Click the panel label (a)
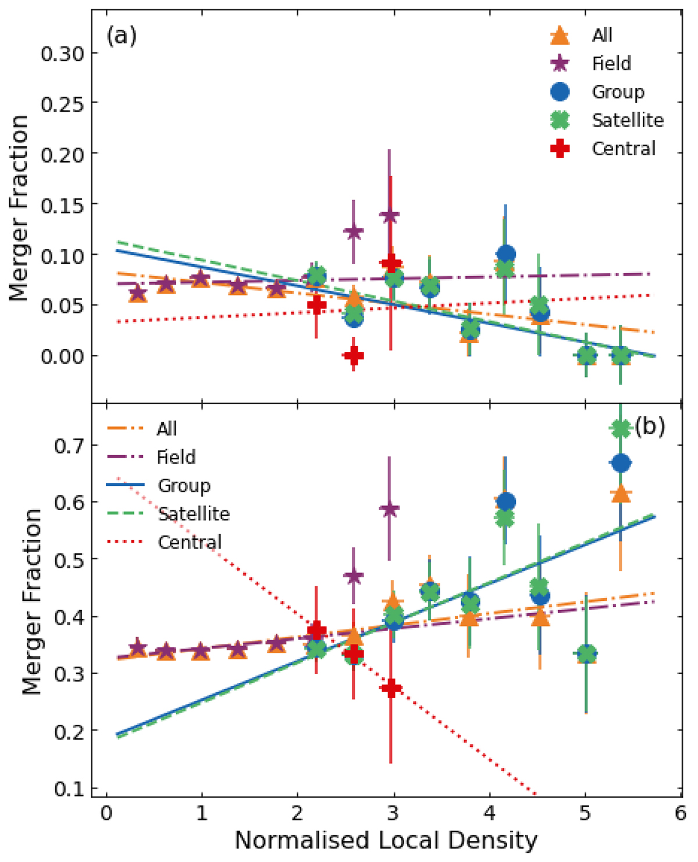[x=121, y=36]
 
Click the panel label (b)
[x=650, y=427]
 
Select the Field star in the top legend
[x=560, y=63]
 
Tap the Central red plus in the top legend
[x=560, y=149]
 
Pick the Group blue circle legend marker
[x=560, y=92]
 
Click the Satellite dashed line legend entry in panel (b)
[x=124, y=514]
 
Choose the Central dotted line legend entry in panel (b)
[x=124, y=543]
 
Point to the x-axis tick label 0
[x=106, y=813]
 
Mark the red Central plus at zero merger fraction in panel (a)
[x=353, y=356]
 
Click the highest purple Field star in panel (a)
[x=389, y=216]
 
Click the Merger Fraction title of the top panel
[x=20, y=208]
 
